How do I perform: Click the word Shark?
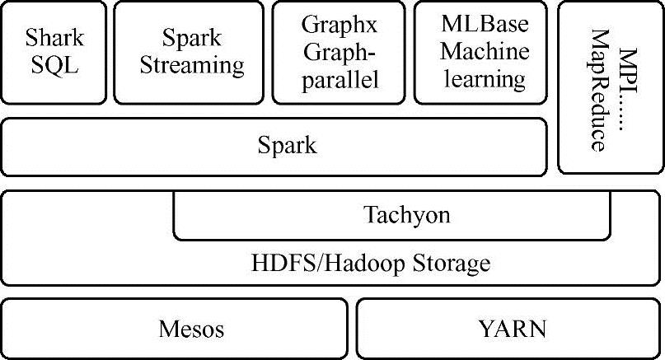tap(54, 37)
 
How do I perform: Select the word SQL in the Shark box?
tap(54, 64)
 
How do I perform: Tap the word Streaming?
tap(191, 64)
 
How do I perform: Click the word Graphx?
tap(340, 25)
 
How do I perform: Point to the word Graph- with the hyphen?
tap(340, 52)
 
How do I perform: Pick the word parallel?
tap(340, 80)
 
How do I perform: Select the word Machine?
tap(484, 52)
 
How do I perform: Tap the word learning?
tap(484, 79)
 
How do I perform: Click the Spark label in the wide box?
tap(286, 147)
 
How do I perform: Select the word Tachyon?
tap(407, 215)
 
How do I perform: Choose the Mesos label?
tap(191, 330)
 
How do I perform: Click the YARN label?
tap(512, 330)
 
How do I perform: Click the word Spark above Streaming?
tap(191, 37)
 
